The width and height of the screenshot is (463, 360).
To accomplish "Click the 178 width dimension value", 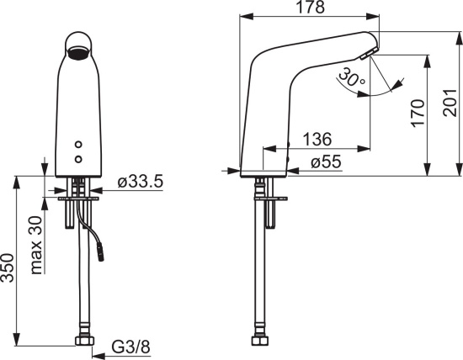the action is point(310,8).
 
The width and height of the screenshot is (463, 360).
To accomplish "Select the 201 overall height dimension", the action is point(450,103).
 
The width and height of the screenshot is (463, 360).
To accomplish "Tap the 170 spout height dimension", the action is point(418,114).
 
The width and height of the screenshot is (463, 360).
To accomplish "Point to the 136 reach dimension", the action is point(317,139).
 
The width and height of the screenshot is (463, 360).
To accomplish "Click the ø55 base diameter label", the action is point(326,161).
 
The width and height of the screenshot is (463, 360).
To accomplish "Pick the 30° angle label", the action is point(351,77).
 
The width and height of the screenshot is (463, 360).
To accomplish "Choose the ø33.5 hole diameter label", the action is point(141,181).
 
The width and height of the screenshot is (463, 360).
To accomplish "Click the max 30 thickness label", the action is point(36,246).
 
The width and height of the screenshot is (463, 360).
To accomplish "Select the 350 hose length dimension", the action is point(8,267).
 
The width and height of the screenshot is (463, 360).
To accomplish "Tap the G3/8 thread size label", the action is point(130,347).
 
